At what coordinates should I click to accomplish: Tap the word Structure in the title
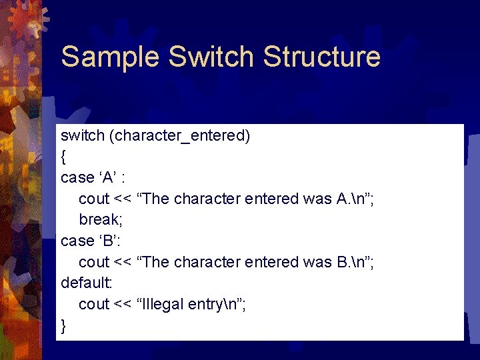(x=322, y=57)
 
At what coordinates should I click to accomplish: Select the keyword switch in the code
(x=83, y=135)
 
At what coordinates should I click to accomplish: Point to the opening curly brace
(x=63, y=157)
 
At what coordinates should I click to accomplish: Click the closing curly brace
(x=63, y=326)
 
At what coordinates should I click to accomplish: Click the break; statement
(x=100, y=219)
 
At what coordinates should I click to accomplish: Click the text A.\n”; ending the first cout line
(x=356, y=199)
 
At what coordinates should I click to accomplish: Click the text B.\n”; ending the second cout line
(x=356, y=262)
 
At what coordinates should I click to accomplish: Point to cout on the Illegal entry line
(x=94, y=305)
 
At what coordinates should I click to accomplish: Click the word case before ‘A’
(x=77, y=178)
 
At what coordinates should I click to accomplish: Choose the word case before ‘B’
(x=77, y=241)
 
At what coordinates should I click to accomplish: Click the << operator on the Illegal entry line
(x=123, y=305)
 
